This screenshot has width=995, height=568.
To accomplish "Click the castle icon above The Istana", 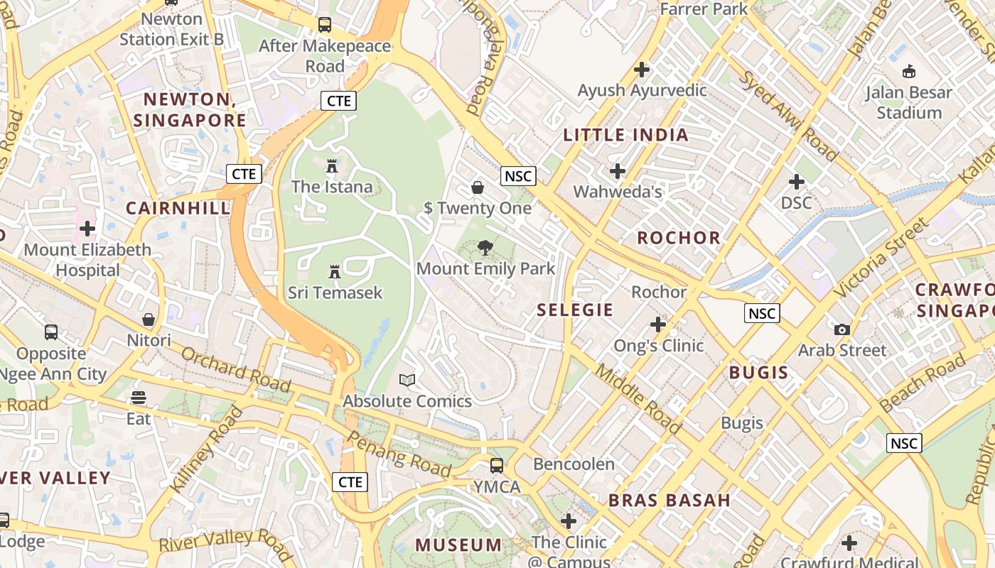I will click(x=332, y=166).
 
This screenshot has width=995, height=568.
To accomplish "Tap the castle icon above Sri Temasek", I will click(x=335, y=271).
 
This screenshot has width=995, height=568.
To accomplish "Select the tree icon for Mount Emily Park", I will click(x=485, y=248).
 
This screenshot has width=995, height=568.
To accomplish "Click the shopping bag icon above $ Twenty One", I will click(x=478, y=187).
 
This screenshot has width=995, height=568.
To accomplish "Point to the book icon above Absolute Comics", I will click(x=407, y=381).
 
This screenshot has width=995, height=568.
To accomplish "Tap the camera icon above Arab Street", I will click(x=842, y=329).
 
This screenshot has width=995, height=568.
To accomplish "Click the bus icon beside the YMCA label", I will click(x=497, y=466).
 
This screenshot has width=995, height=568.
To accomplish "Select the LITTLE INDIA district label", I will click(x=626, y=135).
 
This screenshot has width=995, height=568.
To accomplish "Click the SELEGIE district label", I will click(x=575, y=310).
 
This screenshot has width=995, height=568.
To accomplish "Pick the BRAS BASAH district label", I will click(x=669, y=500).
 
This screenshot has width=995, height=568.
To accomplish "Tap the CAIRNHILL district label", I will click(x=178, y=208).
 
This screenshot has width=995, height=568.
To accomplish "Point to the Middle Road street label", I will click(x=638, y=399).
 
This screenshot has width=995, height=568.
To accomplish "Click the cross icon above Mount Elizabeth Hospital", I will click(x=87, y=229).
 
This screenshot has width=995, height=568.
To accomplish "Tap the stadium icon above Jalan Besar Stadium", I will click(x=908, y=71).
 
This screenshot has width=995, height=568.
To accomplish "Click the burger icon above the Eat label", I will click(x=139, y=397).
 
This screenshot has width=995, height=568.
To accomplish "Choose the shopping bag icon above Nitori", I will click(x=149, y=320).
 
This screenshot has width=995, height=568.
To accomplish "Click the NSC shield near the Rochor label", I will click(x=762, y=313).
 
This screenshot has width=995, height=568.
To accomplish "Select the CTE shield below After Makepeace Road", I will click(x=338, y=101).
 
